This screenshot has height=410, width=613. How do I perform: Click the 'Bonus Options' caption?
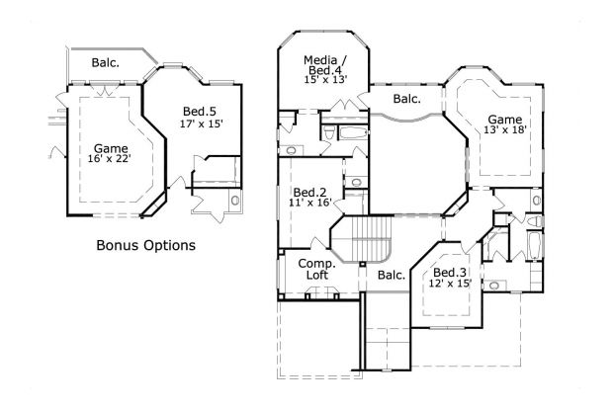click(x=144, y=244)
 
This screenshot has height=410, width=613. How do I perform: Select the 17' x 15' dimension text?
click(x=201, y=124)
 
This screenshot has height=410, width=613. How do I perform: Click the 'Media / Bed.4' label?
click(x=324, y=66)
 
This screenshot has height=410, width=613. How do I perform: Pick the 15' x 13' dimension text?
click(x=324, y=81)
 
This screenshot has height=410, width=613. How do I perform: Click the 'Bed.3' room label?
click(x=450, y=272)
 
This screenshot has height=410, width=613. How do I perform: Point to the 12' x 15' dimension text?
click(x=450, y=285)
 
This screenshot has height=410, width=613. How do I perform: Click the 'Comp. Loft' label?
click(x=316, y=271)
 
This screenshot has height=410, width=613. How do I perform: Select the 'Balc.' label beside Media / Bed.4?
click(x=406, y=99)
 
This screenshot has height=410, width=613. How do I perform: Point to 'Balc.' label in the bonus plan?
click(x=106, y=63)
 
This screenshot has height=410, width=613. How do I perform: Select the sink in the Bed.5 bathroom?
click(x=234, y=203)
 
